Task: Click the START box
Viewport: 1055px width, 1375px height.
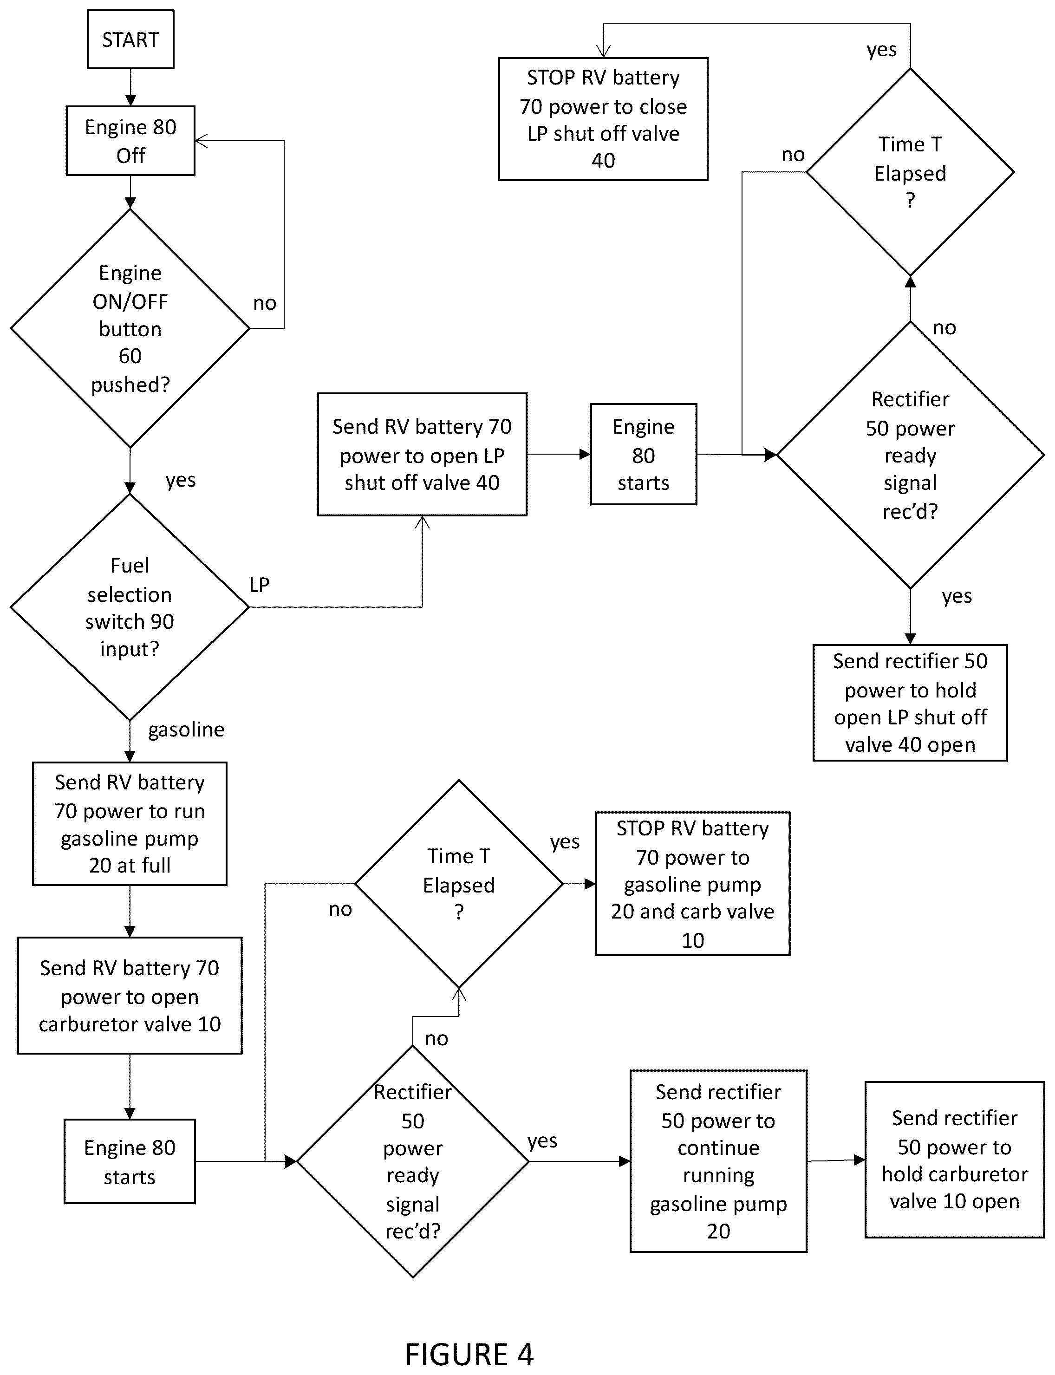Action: pos(130,39)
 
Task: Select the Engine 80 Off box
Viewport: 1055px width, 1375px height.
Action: pos(130,141)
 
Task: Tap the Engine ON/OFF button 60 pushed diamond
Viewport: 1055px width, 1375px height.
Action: pos(130,328)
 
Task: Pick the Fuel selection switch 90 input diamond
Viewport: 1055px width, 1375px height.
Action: pos(130,607)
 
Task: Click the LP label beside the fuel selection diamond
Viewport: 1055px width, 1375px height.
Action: pos(260,585)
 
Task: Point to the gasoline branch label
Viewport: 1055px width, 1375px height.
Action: pos(186,730)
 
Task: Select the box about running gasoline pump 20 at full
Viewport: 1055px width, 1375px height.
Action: pos(130,824)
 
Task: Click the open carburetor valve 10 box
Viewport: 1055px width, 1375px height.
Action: pos(130,996)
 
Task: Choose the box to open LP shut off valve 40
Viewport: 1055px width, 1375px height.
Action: pos(422,455)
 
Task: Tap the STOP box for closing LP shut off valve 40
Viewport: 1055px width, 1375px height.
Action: pos(604,119)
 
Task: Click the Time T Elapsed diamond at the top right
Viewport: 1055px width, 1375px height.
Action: pos(910,172)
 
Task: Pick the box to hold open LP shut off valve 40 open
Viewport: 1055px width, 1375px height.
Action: pos(910,703)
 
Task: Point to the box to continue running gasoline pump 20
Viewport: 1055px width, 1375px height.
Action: pos(718,1161)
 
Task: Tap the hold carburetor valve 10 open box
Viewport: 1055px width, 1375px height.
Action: pos(955,1160)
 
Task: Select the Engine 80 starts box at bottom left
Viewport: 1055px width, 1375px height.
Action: pos(130,1161)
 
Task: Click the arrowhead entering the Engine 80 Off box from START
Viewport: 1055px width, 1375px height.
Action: pos(130,100)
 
